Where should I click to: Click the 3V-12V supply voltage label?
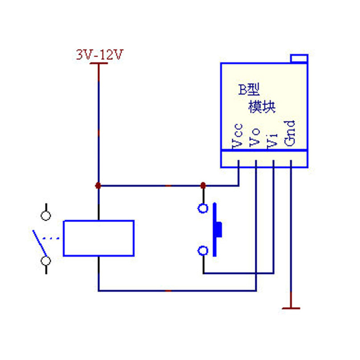click(100, 56)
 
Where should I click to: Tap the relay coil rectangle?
click(98, 238)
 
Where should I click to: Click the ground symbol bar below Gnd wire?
click(291, 308)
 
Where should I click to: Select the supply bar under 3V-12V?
click(98, 64)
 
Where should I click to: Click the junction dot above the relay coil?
click(98, 186)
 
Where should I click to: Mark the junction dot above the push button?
click(203, 185)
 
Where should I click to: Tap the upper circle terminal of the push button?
click(203, 208)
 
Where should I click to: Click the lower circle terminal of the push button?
click(203, 250)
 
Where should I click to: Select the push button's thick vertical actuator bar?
click(215, 230)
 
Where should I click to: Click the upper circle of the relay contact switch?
click(46, 216)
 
